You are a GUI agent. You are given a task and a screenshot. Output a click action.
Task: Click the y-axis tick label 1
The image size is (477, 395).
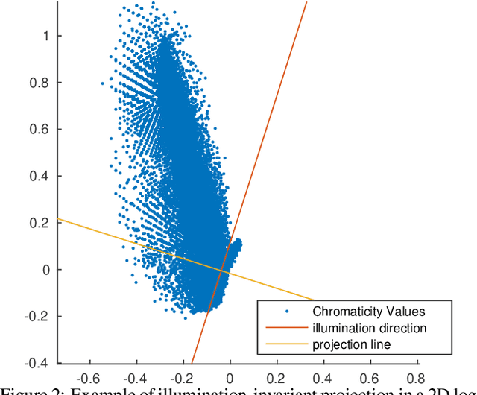pyautogui.click(x=46, y=36)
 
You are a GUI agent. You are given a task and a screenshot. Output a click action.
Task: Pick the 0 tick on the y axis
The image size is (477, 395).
pyautogui.click(x=46, y=270)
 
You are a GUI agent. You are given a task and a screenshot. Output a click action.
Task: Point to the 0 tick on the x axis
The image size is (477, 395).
pyautogui.click(x=230, y=378)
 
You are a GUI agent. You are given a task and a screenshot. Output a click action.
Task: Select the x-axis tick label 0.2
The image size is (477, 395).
pyautogui.click(x=277, y=378)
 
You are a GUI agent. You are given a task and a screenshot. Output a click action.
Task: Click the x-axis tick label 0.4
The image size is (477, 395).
pyautogui.click(x=323, y=378)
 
